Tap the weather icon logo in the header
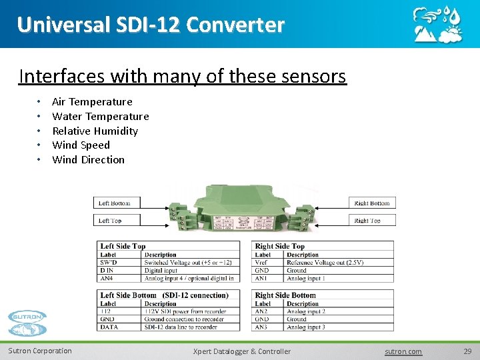click(437, 25)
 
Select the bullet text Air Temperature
click(92, 102)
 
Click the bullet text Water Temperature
click(100, 117)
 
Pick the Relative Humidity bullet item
click(95, 131)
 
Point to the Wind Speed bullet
click(81, 145)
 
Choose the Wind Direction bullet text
click(88, 160)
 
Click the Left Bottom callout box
click(115, 203)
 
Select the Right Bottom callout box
click(372, 203)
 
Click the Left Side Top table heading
click(123, 246)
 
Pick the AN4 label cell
click(107, 278)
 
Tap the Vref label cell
click(262, 263)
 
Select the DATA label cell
click(108, 327)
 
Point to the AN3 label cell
click(262, 327)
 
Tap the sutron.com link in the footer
click(403, 351)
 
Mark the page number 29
click(467, 351)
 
